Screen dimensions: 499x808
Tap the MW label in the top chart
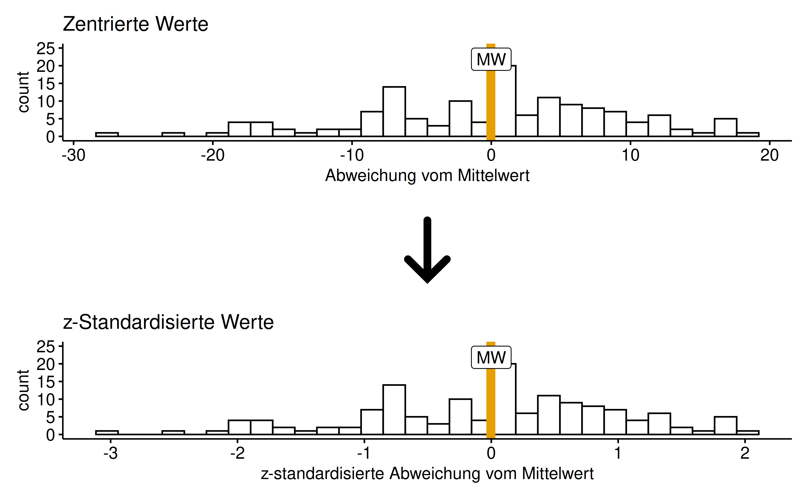[x=491, y=59]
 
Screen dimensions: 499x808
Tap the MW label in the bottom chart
[x=491, y=357]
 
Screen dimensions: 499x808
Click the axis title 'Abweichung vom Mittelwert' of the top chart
[x=427, y=176]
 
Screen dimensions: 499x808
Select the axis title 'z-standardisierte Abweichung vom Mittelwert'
[x=427, y=474]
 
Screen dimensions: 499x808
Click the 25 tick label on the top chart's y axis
[x=46, y=49]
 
